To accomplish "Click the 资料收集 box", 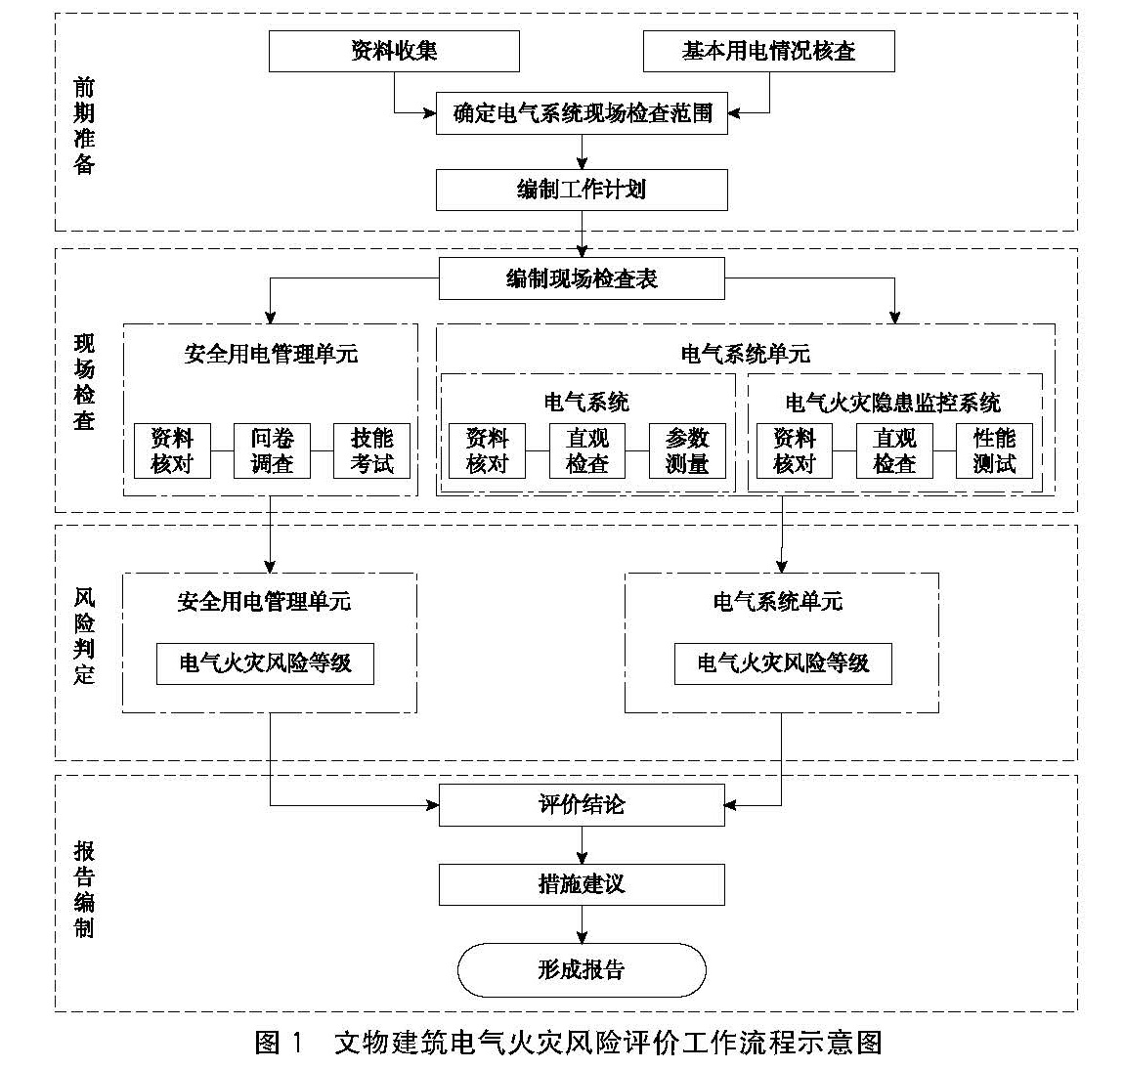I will (x=394, y=51).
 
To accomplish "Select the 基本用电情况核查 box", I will (x=768, y=51).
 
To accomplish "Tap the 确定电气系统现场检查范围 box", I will (x=582, y=113).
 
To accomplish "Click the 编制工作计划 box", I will (x=582, y=190).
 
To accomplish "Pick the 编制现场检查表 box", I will (x=582, y=278).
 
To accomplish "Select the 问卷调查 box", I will (x=272, y=450).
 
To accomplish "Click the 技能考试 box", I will (x=371, y=450).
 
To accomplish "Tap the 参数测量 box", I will (x=687, y=450).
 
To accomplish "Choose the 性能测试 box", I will (x=994, y=450).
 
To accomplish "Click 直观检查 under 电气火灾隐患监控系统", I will (x=894, y=450).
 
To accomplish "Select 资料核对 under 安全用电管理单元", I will (x=172, y=450).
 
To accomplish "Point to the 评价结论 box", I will (x=582, y=805).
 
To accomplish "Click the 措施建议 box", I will (x=582, y=884).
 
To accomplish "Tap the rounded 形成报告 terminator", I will (x=582, y=969).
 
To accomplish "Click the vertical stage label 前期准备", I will (x=85, y=126).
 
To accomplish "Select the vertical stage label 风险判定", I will (x=85, y=635).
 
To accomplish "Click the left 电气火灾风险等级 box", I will (x=265, y=663).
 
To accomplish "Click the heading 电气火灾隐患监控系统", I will (x=893, y=402).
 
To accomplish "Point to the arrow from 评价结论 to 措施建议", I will (x=583, y=844).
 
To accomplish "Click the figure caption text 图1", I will (x=280, y=1042).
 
